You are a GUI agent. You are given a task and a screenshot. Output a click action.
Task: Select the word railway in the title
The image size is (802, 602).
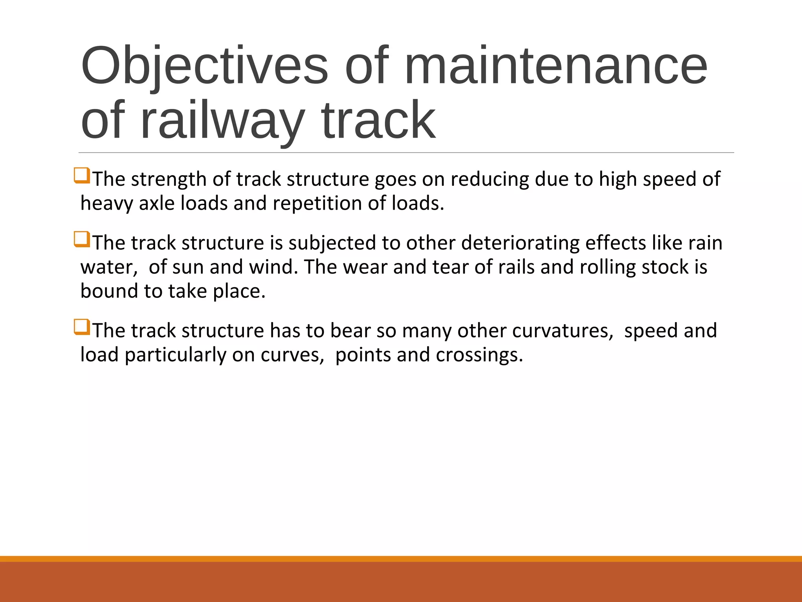[x=222, y=120]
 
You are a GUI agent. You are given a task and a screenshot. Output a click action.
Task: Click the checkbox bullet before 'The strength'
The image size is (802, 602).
[x=82, y=176]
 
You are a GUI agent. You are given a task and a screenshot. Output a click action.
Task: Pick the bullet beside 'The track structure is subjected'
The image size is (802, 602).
[x=82, y=239]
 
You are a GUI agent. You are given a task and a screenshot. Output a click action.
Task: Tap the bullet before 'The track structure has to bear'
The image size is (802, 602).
[x=82, y=327]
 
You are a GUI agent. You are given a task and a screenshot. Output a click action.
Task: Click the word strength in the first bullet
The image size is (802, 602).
[x=169, y=180]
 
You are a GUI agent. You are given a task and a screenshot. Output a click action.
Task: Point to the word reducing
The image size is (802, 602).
[x=490, y=180]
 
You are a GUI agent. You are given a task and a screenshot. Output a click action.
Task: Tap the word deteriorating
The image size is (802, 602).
[x=520, y=243]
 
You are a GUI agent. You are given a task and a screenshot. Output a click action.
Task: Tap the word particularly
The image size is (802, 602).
[x=175, y=355]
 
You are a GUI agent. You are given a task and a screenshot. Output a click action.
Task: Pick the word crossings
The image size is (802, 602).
[x=479, y=355]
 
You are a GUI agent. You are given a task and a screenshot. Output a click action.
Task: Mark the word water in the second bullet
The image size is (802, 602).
[x=107, y=267]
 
